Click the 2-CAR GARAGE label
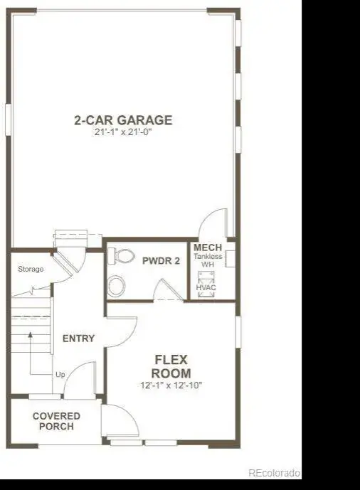(x=123, y=120)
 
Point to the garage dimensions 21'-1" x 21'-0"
(x=123, y=132)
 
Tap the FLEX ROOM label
(x=171, y=366)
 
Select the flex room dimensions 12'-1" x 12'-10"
(x=171, y=385)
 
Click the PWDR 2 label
(x=161, y=261)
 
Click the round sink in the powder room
(x=116, y=285)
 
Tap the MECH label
(x=208, y=247)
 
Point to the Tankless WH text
(x=208, y=260)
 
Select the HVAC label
(x=206, y=287)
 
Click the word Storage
(x=31, y=269)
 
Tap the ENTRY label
(x=78, y=339)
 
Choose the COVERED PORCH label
(x=57, y=421)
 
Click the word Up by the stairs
(x=60, y=374)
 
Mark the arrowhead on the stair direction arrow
(x=31, y=335)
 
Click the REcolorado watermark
(x=275, y=473)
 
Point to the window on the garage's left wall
(x=8, y=119)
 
